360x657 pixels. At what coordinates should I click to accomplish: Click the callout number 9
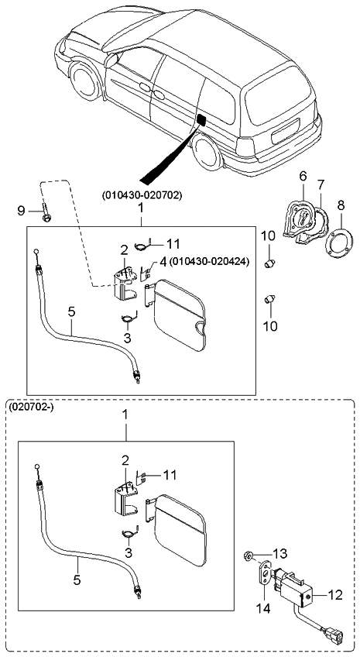click(22, 210)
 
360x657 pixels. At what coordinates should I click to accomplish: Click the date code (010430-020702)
click(141, 196)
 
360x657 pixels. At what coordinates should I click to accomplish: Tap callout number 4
click(163, 262)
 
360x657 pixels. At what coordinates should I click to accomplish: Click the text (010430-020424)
click(208, 262)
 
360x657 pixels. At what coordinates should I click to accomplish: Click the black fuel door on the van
click(201, 120)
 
